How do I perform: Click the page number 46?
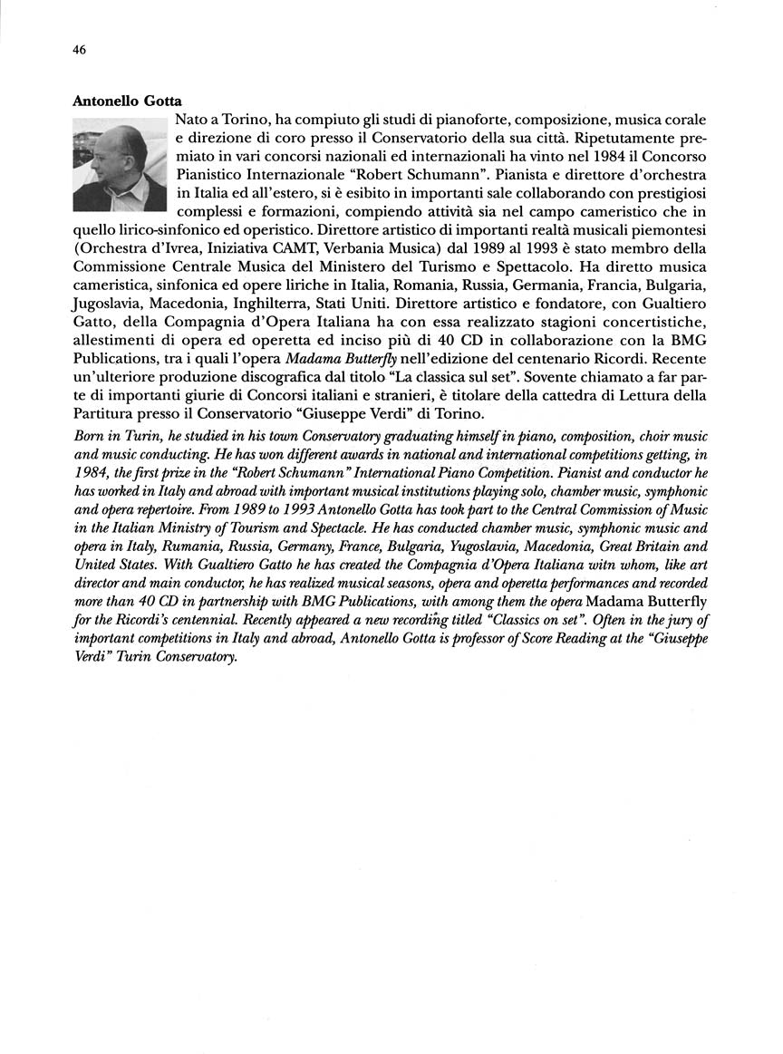(79, 51)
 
